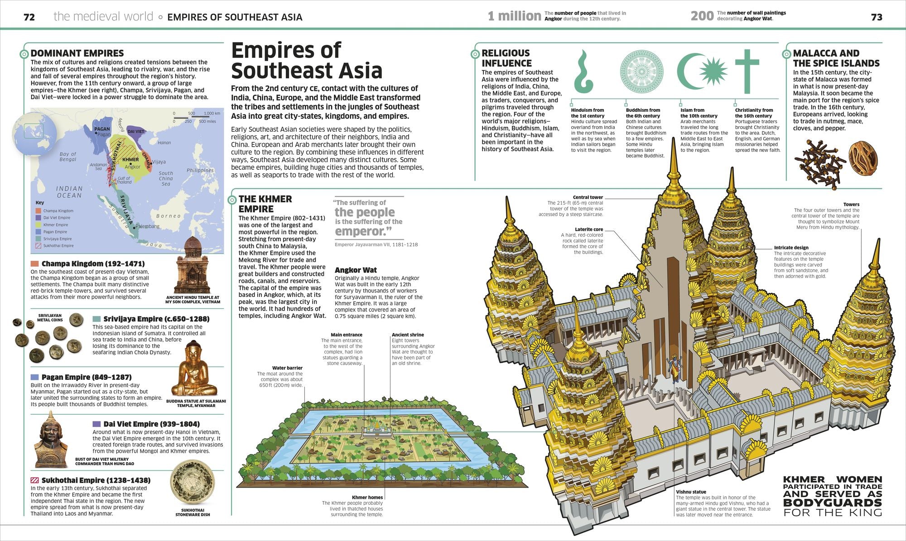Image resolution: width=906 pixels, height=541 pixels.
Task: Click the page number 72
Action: coord(29,17)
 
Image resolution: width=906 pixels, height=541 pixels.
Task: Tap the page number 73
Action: coord(877,17)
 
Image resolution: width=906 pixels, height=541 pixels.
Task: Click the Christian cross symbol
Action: coord(747,71)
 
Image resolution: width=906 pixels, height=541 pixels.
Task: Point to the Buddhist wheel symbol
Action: coord(641,72)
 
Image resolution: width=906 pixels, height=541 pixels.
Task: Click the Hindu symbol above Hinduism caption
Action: coord(583,72)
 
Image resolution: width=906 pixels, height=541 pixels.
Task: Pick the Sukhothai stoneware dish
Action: coord(193,483)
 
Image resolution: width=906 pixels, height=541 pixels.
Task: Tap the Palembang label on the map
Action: coord(147,226)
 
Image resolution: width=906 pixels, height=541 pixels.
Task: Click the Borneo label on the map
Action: coord(168,216)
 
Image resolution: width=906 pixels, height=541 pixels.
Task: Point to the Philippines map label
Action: coord(200,170)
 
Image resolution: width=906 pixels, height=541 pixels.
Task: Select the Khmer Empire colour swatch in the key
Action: coord(39,225)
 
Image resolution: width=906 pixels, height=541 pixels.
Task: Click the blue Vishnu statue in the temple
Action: coord(674,369)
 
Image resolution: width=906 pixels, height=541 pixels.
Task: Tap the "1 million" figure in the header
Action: coord(514,16)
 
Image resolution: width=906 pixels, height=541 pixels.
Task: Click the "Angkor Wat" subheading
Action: coord(356,270)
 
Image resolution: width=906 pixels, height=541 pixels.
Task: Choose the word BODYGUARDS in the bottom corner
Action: coord(832,503)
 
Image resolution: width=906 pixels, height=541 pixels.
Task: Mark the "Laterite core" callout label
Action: coord(589,230)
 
